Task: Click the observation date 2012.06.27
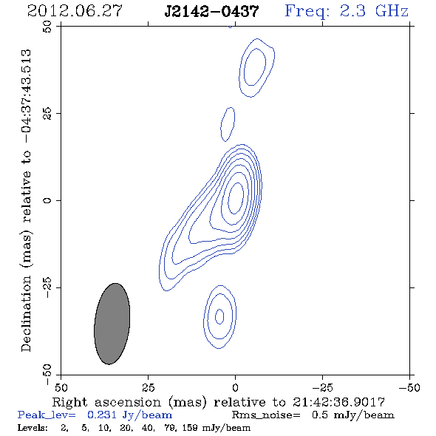75,11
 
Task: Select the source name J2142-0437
211,11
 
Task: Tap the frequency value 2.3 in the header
352,11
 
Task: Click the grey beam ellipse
112,324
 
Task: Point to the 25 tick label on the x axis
148,388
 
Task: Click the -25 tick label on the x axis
322,388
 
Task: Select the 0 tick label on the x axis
235,388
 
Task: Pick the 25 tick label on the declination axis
47,113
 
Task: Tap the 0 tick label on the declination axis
47,200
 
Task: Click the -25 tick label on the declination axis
47,287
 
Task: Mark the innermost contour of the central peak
228,199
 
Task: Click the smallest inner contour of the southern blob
216,317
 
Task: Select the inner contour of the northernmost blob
245,67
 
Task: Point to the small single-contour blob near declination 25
221,124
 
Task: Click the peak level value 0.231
102,415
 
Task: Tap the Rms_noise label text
266,415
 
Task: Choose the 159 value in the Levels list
191,428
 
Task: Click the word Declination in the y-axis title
26,313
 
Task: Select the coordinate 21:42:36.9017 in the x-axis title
338,402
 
